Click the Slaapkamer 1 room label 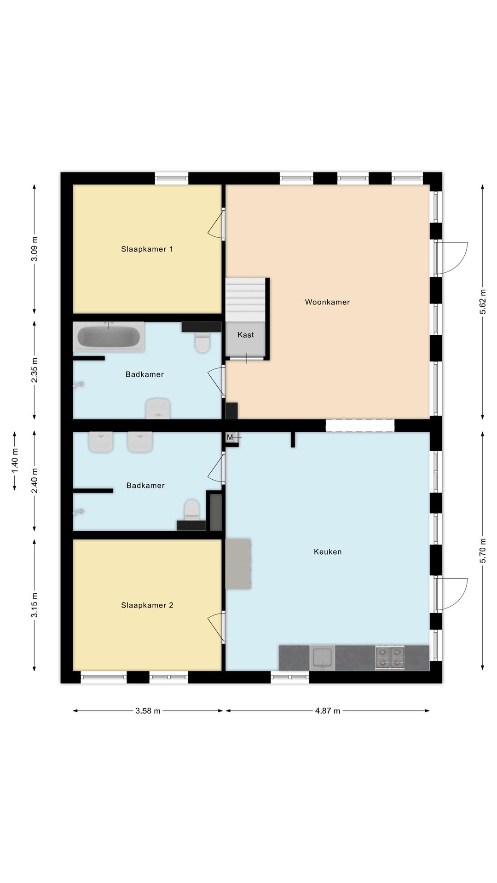(147, 249)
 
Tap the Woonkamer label (327, 302)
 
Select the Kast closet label (245, 335)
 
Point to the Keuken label (328, 552)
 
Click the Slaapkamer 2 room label (147, 605)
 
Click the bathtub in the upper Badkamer (109, 337)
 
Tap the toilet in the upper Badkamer (202, 342)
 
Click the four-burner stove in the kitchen (390, 658)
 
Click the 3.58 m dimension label (148, 711)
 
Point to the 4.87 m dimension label (328, 711)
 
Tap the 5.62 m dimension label (482, 302)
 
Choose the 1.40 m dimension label (15, 461)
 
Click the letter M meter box (230, 437)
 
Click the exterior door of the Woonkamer (451, 258)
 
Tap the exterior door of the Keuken (451, 594)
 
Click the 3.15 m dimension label (35, 606)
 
